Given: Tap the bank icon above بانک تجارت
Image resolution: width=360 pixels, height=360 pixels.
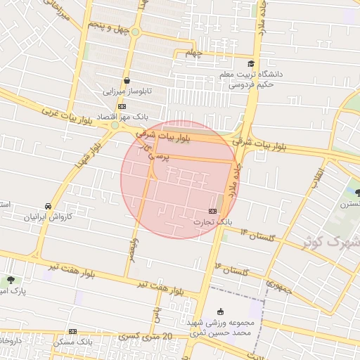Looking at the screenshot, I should (212, 210).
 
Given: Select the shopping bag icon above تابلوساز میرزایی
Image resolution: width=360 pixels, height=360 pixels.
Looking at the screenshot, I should (127, 80).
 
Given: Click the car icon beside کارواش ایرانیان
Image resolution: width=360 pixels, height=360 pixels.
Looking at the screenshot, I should (47, 206).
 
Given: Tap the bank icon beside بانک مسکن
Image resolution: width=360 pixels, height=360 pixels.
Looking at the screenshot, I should (72, 331).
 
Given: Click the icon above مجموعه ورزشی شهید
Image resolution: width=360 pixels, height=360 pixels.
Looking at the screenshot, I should (220, 311).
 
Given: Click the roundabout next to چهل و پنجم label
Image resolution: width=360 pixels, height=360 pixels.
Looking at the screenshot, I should (135, 32).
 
